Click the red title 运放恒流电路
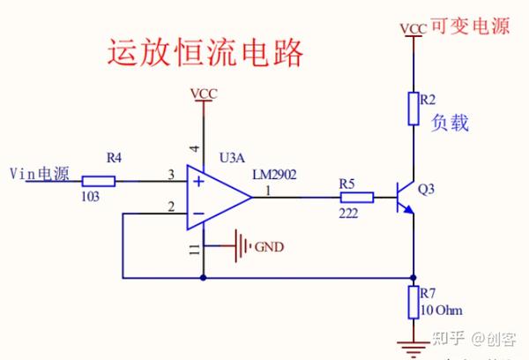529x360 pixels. click(x=205, y=53)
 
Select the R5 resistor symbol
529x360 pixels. click(x=356, y=198)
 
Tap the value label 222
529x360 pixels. click(x=349, y=214)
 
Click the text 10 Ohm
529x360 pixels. click(x=441, y=310)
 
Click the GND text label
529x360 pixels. click(x=269, y=247)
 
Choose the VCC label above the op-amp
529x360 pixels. click(x=204, y=94)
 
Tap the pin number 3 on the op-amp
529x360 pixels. click(x=171, y=176)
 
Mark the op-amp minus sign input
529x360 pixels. click(x=199, y=213)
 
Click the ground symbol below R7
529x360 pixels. click(x=412, y=346)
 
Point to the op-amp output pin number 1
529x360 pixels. click(x=268, y=190)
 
